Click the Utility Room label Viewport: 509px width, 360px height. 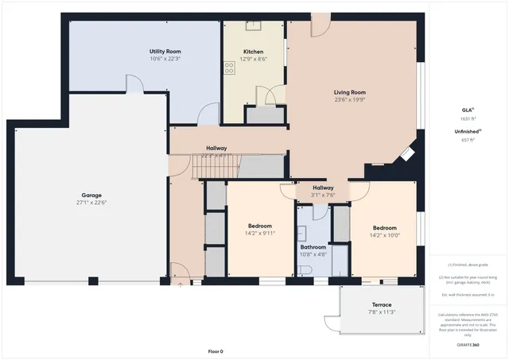pos(165,52)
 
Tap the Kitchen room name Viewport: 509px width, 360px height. pos(253,52)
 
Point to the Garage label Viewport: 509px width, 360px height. pos(91,195)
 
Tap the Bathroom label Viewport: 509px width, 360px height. pos(313,247)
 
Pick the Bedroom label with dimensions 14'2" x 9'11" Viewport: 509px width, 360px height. pos(259,226)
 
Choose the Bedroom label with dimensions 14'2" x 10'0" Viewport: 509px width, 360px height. pos(384,226)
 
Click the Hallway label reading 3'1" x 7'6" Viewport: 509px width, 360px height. pos(323,188)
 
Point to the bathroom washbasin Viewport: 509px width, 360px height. pos(302,233)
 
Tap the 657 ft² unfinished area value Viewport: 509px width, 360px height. pos(468,139)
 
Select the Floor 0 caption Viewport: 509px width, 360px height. pos(216,351)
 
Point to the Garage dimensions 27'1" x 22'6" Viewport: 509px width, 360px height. pos(91,203)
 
